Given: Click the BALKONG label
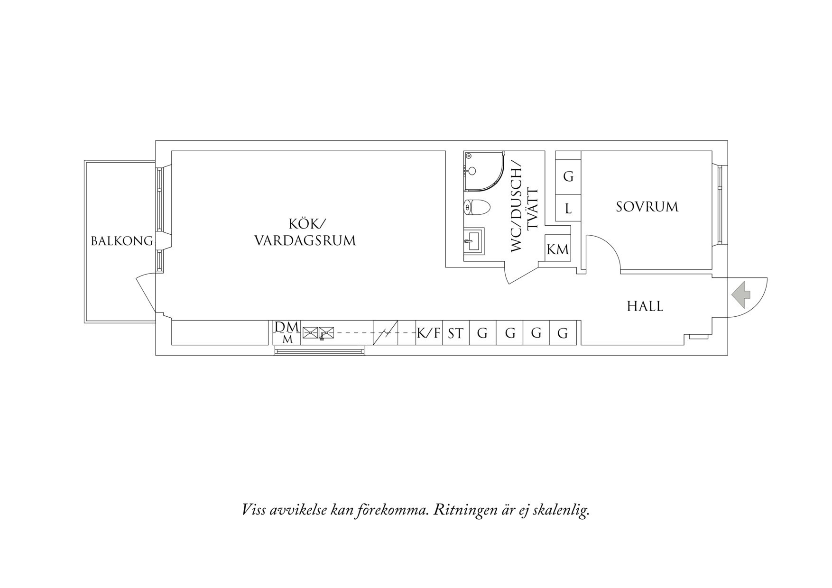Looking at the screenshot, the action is tap(122, 241).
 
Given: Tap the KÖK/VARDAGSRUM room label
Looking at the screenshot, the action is tap(305, 232).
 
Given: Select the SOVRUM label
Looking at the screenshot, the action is tap(647, 207).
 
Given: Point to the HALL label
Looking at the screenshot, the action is tap(645, 306).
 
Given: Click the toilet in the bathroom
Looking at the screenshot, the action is tap(476, 207).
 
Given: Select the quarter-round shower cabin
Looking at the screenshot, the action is tap(484, 171).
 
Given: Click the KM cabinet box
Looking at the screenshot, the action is tap(557, 248).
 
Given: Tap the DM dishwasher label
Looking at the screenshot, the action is tap(287, 327).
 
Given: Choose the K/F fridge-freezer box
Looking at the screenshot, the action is tap(429, 333).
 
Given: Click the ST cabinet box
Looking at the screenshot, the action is tap(456, 333).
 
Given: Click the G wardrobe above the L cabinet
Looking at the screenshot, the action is tap(568, 177).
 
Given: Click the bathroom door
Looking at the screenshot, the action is tap(522, 273).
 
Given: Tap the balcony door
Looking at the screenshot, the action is tap(146, 293).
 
